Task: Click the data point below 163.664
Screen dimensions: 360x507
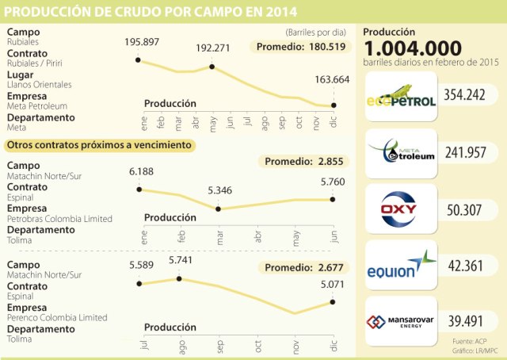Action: (334, 105)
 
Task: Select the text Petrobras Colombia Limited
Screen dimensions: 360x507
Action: (59, 218)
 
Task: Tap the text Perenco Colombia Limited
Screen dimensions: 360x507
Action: (56, 317)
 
